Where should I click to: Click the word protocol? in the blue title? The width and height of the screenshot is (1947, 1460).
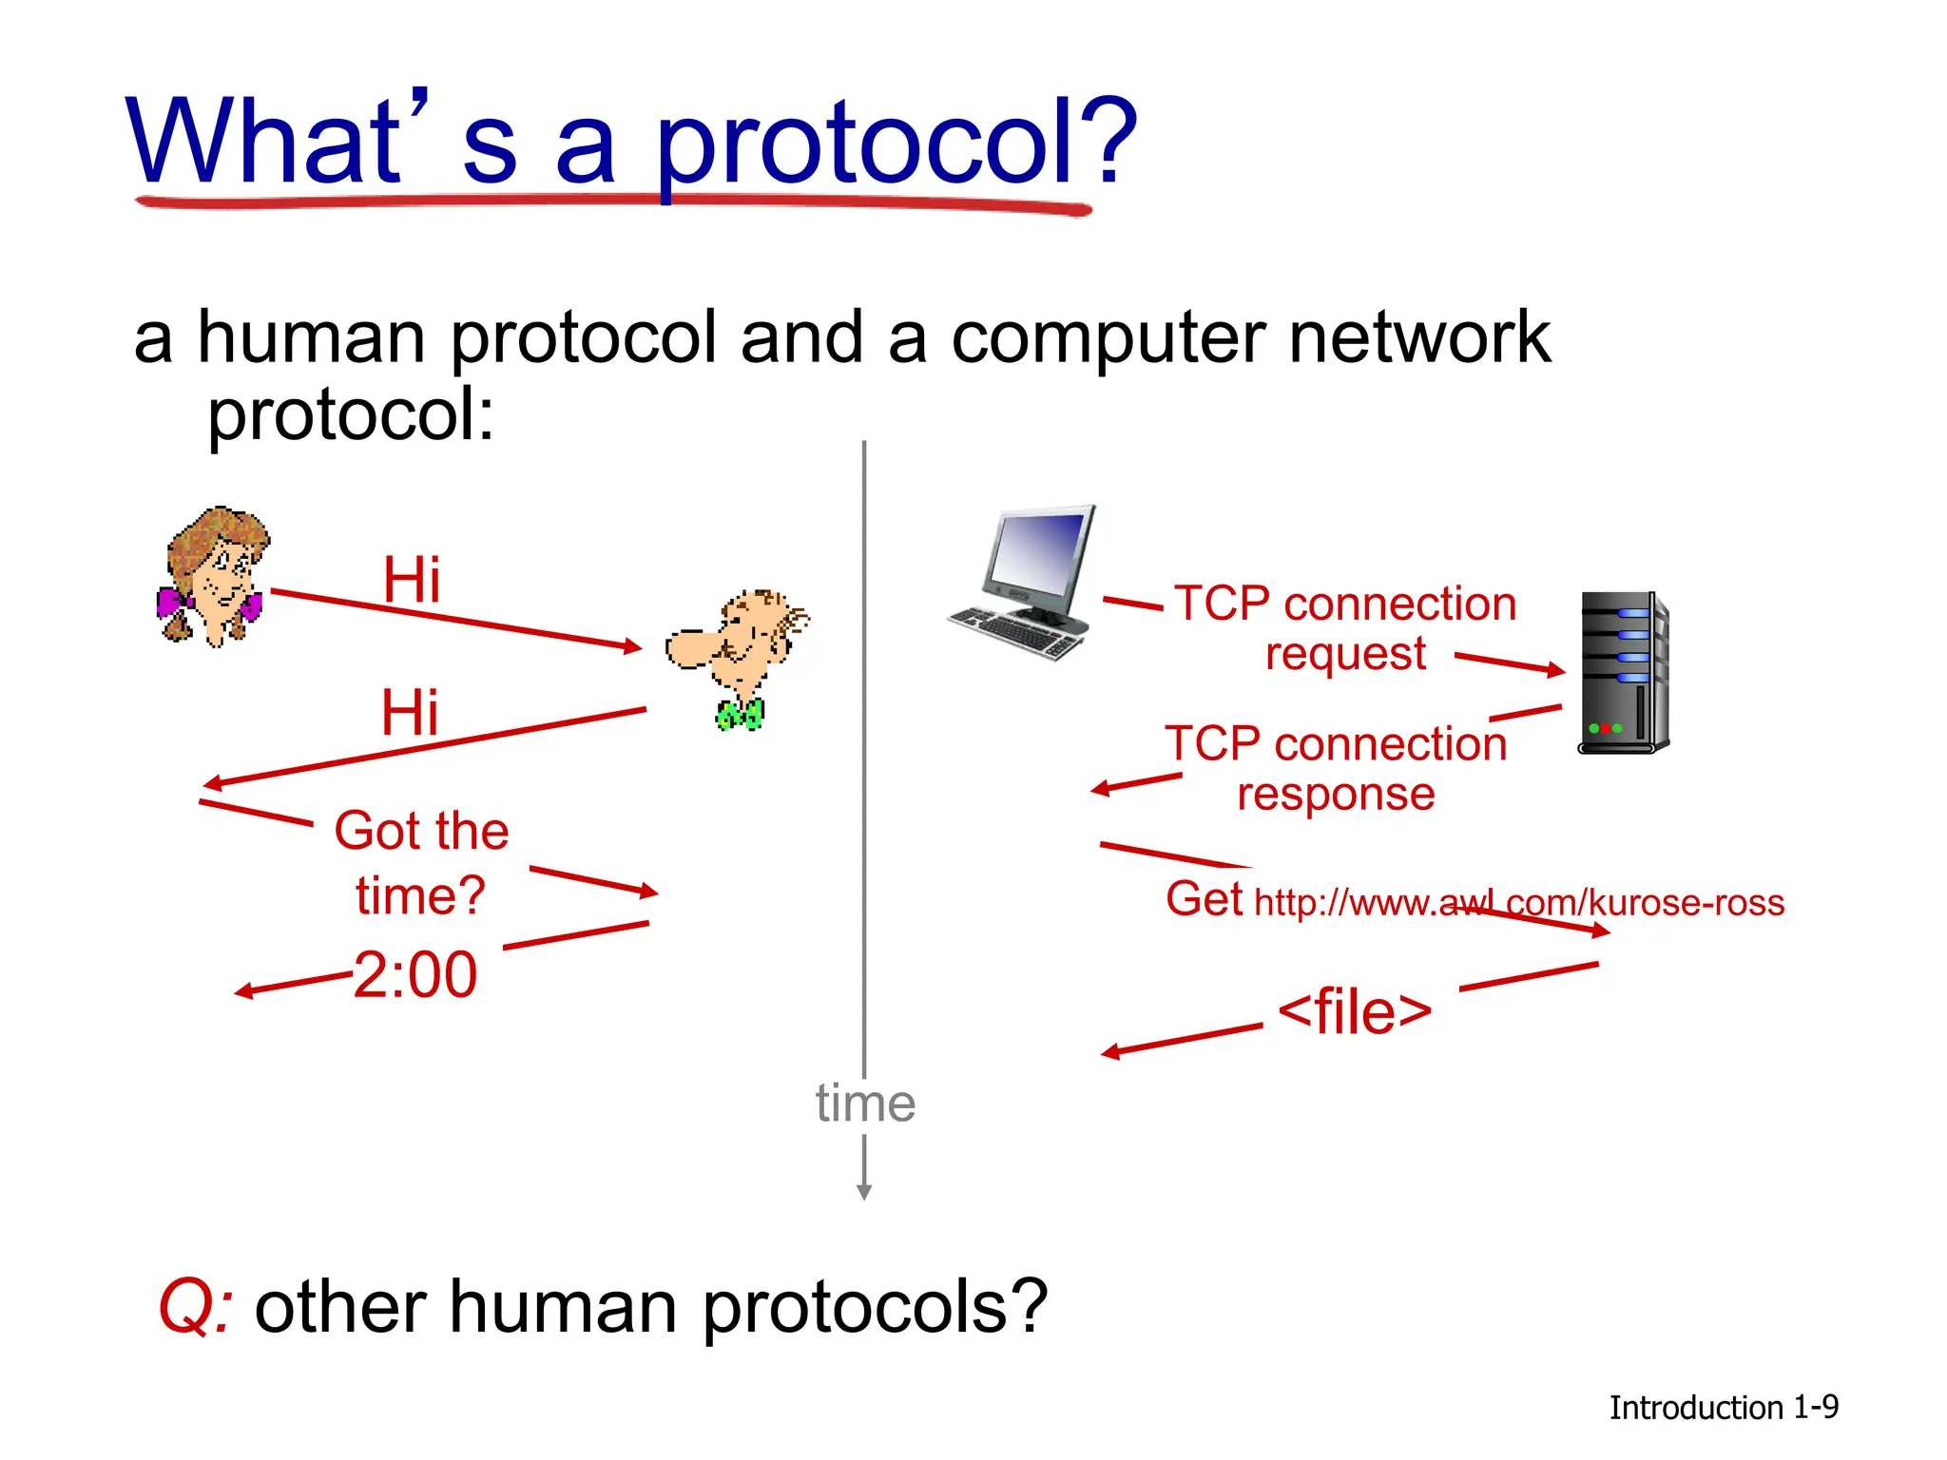click(x=894, y=143)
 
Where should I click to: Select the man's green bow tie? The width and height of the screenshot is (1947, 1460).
click(x=740, y=714)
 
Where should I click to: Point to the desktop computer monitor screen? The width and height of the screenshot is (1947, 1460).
click(x=1041, y=551)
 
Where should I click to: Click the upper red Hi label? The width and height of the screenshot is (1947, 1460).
click(x=412, y=580)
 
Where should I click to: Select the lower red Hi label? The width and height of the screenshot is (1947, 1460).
click(x=410, y=713)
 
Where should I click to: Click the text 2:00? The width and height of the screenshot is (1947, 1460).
click(x=415, y=975)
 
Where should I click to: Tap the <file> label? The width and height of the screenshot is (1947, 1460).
click(x=1355, y=1011)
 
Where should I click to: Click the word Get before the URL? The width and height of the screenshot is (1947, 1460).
click(x=1204, y=899)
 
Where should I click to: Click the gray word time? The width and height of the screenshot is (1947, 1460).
click(x=865, y=1104)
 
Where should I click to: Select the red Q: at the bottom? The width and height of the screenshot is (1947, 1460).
click(x=195, y=1308)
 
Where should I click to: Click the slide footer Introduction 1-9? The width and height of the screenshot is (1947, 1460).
click(x=1723, y=1408)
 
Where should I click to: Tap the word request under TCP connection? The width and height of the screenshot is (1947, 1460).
click(x=1345, y=654)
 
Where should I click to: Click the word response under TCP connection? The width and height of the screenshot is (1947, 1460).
click(x=1336, y=794)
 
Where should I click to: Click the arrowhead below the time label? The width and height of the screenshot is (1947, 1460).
click(x=864, y=1192)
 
